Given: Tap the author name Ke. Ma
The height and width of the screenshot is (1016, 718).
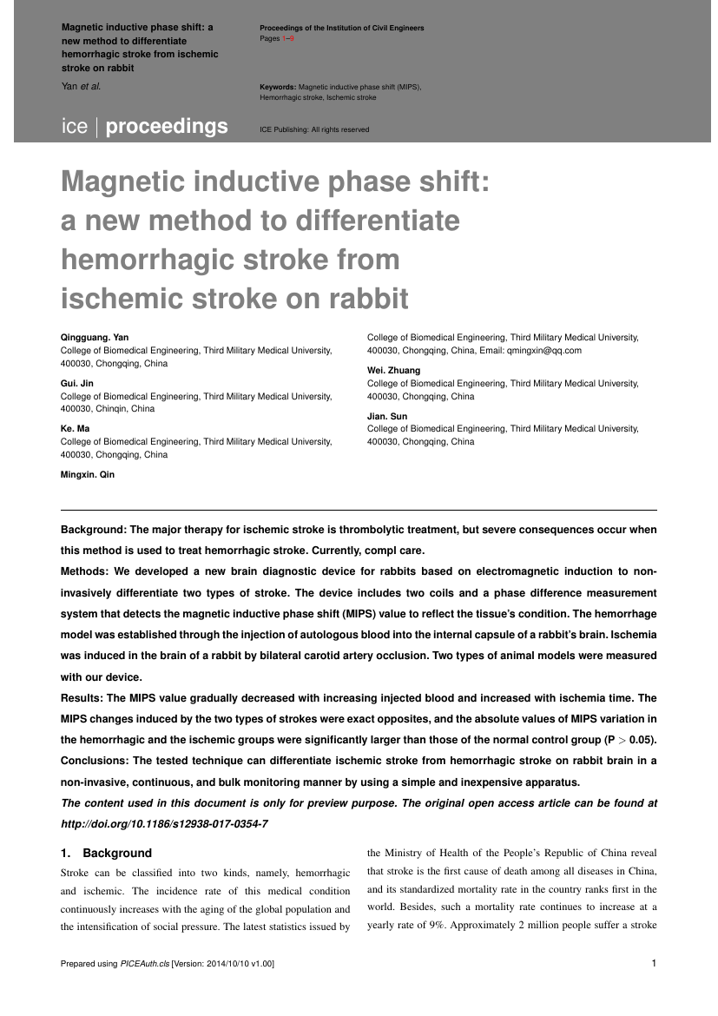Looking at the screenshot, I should pos(75,429).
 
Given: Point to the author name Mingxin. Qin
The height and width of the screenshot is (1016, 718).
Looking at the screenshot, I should pos(87,474).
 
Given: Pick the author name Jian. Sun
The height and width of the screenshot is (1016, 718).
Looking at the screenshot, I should pos(387,416).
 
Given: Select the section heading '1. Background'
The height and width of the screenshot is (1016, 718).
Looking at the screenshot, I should pos(106,853).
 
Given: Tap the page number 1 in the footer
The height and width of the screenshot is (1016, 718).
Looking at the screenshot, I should pos(653,963).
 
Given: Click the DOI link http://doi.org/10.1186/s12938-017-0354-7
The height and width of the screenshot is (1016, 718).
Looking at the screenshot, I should pos(164,822).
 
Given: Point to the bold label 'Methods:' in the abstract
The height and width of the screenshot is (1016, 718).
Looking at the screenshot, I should pos(85,572).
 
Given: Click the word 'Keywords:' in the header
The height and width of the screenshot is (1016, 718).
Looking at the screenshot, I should pos(278,88).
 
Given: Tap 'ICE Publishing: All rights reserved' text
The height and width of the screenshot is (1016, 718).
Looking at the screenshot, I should pos(314,129).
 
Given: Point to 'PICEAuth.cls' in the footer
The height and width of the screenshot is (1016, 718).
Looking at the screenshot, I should pos(145,964).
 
